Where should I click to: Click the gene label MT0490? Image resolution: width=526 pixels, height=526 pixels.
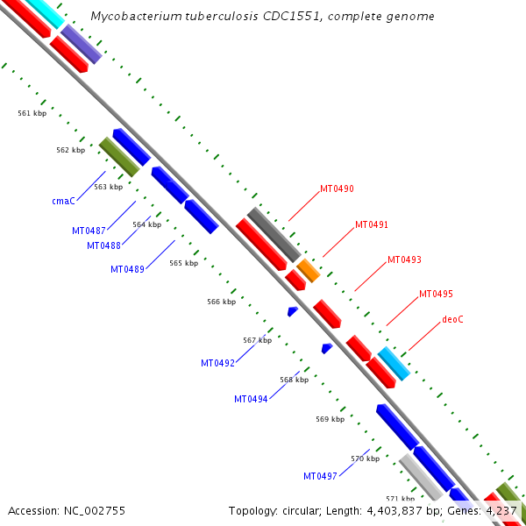click(x=337, y=188)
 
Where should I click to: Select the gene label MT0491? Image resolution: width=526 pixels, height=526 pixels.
click(x=371, y=224)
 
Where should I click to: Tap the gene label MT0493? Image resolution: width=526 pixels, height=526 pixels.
click(x=404, y=259)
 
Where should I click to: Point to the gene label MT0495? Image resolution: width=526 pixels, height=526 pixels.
click(x=436, y=294)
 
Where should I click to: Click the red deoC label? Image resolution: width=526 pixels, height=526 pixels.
click(x=452, y=319)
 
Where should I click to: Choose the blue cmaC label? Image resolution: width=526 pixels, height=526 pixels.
click(x=63, y=201)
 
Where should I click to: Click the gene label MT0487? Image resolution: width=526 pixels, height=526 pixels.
click(x=89, y=231)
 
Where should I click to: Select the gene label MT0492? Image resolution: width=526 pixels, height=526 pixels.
click(x=217, y=363)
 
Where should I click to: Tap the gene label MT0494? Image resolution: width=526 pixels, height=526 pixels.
click(x=251, y=399)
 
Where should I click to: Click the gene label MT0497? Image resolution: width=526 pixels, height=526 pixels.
click(x=320, y=476)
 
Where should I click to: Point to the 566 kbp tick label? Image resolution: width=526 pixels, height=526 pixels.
click(x=222, y=302)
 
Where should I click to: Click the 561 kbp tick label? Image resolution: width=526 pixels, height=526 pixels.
click(x=32, y=113)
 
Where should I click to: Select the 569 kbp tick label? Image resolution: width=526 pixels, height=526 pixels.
click(x=331, y=419)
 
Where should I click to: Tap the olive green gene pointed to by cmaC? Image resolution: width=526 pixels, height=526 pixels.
click(x=119, y=157)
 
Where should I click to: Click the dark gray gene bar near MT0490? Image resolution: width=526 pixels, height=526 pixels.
click(x=273, y=233)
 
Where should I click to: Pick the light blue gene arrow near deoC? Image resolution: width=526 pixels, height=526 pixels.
click(x=394, y=363)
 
